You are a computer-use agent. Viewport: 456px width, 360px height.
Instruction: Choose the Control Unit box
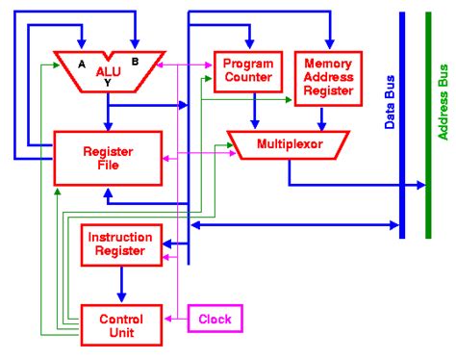coord(120,324)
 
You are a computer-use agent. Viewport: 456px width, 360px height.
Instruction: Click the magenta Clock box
coord(215,319)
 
